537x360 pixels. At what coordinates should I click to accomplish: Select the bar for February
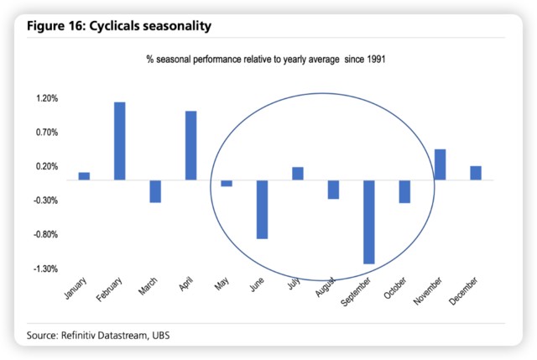coord(120,141)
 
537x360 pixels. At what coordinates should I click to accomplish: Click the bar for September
coord(369,222)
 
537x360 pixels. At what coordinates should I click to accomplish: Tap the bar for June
coord(263,209)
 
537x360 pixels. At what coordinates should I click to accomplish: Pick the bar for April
coord(191,145)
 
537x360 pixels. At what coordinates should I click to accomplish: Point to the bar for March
coord(155,191)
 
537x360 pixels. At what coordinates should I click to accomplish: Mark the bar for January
coord(84,176)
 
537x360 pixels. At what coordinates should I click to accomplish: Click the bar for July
coord(298,174)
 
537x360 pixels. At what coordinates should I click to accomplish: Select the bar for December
coord(476,173)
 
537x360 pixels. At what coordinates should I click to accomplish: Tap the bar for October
coord(404,191)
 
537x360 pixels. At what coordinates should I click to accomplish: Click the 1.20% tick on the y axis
coord(46,98)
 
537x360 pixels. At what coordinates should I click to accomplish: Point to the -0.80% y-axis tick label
coord(45,235)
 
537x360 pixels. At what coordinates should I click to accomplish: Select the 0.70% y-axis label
coord(46,133)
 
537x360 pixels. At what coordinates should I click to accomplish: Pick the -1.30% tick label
coord(45,269)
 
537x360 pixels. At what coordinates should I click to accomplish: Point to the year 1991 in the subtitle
coord(370,60)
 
